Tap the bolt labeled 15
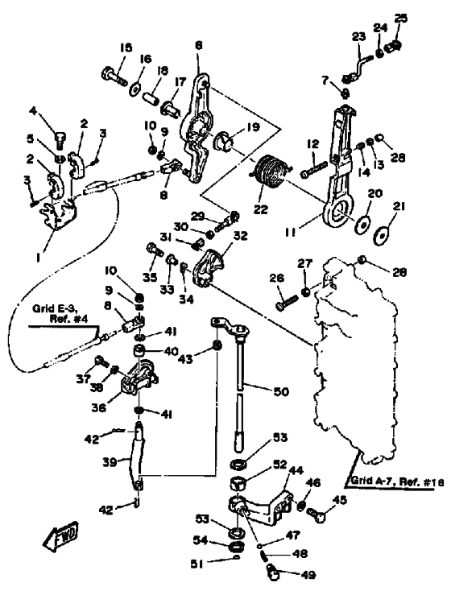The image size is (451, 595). point(114,76)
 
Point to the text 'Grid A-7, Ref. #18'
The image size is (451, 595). point(396,481)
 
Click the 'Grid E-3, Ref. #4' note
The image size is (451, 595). point(60,313)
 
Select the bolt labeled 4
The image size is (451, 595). point(60,140)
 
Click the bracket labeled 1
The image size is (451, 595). point(58,213)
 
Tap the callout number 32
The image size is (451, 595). point(240,236)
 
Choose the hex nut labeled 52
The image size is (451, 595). point(238,483)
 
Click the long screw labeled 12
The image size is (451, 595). point(313,170)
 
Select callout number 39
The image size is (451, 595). point(110,462)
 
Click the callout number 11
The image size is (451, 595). point(292,231)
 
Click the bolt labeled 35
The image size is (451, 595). point(154,250)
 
